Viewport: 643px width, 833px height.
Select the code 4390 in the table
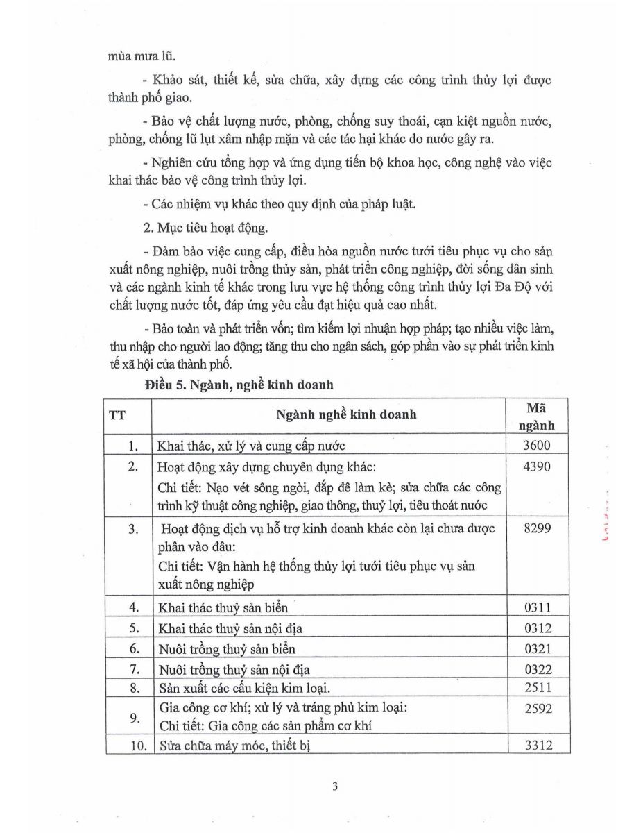537,466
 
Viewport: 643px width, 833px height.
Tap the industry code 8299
537,529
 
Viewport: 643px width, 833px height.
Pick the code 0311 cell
537,608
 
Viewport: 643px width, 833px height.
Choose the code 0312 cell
537,628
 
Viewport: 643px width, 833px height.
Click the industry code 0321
537,648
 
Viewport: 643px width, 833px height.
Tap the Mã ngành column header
537,416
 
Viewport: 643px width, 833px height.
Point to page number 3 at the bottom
335,786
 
